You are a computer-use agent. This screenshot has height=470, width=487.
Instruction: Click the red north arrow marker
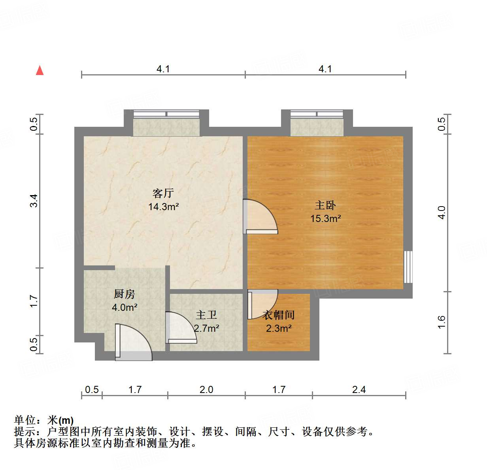pyautogui.click(x=40, y=70)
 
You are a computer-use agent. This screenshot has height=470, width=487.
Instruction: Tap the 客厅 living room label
pyautogui.click(x=163, y=193)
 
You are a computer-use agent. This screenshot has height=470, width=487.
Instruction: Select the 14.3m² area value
pyautogui.click(x=164, y=206)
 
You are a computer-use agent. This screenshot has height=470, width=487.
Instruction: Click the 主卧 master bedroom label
pyautogui.click(x=325, y=205)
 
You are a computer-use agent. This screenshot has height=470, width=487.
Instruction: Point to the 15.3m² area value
pyautogui.click(x=325, y=218)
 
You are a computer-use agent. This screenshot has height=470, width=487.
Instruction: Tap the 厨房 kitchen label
pyautogui.click(x=124, y=294)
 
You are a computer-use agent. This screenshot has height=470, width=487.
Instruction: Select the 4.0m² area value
pyautogui.click(x=125, y=307)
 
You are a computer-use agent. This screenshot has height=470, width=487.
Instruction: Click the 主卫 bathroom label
pyautogui.click(x=206, y=315)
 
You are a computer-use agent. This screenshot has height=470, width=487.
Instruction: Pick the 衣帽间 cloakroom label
pyautogui.click(x=279, y=315)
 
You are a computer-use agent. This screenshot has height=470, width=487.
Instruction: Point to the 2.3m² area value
pyautogui.click(x=279, y=328)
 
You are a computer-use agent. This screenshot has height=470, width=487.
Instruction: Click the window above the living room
pyautogui.click(x=166, y=114)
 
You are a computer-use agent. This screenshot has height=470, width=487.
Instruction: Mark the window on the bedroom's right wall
pyautogui.click(x=408, y=267)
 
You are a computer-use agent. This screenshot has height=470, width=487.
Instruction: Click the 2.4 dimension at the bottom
pyautogui.click(x=359, y=389)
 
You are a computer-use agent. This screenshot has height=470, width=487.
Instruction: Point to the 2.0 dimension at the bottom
pyautogui.click(x=206, y=389)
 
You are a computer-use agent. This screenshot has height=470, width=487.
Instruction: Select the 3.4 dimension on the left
pyautogui.click(x=34, y=201)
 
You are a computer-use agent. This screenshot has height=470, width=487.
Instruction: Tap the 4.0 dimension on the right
pyautogui.click(x=442, y=212)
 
